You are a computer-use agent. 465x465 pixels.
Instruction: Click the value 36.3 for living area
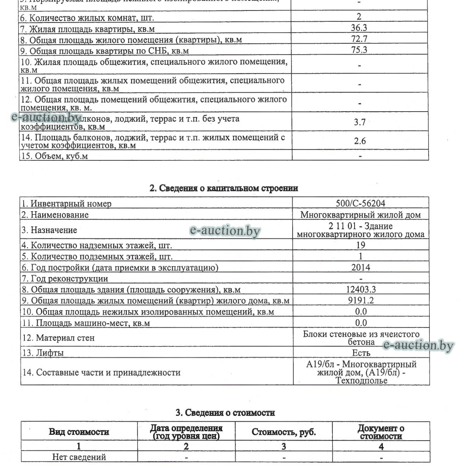click(x=360, y=28)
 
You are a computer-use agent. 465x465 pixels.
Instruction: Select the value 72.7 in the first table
click(x=360, y=39)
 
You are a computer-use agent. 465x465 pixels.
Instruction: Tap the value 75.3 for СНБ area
click(x=360, y=50)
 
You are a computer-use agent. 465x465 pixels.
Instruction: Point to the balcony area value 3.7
click(x=360, y=122)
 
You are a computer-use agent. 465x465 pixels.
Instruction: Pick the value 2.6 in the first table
click(x=360, y=141)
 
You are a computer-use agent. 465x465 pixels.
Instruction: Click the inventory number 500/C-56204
click(x=360, y=203)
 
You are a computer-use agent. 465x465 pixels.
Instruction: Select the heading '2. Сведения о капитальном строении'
click(x=224, y=189)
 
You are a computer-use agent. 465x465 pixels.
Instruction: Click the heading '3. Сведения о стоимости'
click(x=225, y=413)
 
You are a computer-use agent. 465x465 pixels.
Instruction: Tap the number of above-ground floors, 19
click(x=360, y=245)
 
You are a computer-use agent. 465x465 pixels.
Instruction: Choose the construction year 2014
click(x=360, y=267)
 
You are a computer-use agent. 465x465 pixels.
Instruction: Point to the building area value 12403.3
click(x=360, y=289)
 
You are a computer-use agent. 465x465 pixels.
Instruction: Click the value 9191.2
click(x=360, y=300)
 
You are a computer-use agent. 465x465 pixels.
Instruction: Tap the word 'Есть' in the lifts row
click(x=361, y=353)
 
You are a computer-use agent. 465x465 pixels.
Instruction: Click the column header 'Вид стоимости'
click(x=79, y=432)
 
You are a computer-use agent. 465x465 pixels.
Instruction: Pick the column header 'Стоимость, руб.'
click(x=284, y=432)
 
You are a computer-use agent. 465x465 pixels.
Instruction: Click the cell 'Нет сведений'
click(x=79, y=457)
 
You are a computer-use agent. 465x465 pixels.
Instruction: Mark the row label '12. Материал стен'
click(x=58, y=338)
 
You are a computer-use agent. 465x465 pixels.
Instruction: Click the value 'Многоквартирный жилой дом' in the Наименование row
click(x=360, y=215)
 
